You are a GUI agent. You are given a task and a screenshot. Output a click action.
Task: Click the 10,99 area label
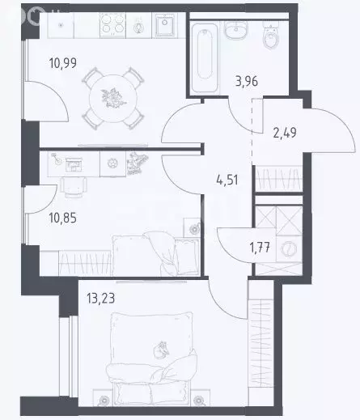tap(63, 63)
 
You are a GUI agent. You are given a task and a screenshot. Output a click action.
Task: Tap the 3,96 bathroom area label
tap(247, 81)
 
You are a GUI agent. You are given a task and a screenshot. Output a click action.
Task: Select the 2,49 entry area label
tap(285, 133)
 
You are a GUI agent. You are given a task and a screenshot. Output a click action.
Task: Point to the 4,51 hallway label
tap(227, 180)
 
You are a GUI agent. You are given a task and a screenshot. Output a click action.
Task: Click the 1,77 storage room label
tap(260, 248)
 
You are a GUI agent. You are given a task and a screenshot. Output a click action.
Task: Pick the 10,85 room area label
tap(63, 218)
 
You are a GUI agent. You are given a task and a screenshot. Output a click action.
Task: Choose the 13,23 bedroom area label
tap(100, 299)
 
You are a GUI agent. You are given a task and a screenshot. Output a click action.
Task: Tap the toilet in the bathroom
tap(271, 36)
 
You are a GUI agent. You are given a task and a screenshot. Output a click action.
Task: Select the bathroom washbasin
tap(236, 30)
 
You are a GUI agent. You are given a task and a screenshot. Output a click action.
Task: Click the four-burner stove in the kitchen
tap(112, 24)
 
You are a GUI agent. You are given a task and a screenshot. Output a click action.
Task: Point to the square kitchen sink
tap(164, 25)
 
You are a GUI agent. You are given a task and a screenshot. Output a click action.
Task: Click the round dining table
tap(113, 99)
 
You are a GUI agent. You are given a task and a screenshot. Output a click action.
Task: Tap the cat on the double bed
tap(161, 350)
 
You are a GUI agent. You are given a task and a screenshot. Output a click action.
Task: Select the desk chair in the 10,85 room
tap(74, 187)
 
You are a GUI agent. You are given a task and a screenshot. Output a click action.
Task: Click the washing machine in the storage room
tap(289, 249)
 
